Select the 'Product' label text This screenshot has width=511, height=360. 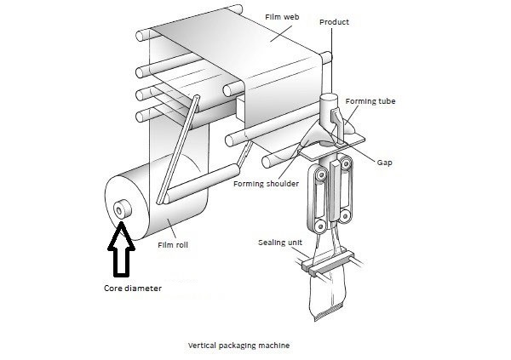tap(333, 22)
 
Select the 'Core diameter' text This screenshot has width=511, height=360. tap(126, 288)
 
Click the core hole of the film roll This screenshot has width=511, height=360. tap(122, 207)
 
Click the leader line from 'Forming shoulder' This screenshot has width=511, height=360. tap(280, 167)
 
